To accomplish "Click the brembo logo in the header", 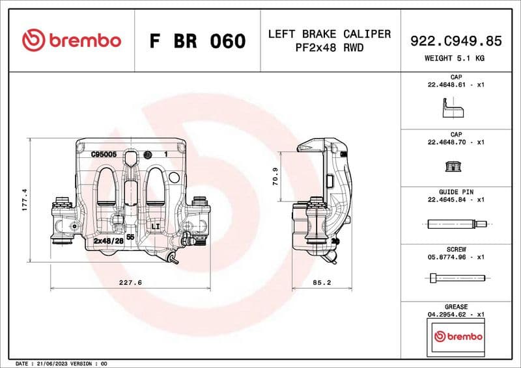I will [71, 40].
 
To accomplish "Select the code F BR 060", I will [197, 41].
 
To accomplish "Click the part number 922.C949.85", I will [456, 41].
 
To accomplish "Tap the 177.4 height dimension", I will [25, 200].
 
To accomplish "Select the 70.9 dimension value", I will [275, 177].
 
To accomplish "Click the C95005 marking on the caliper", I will [104, 154].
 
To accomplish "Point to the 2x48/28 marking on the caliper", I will [108, 241].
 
